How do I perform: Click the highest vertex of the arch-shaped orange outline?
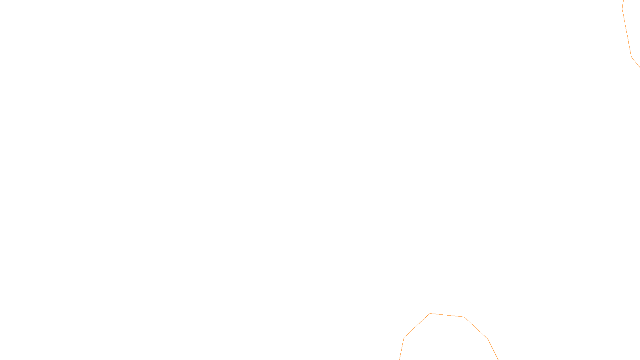point(430,314)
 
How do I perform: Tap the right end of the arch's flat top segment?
point(464,317)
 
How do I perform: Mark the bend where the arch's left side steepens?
point(404,338)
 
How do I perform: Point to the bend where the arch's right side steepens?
point(488,339)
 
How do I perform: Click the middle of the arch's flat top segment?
point(447,315)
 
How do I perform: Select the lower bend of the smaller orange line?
point(632,57)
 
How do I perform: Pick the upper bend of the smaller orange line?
point(622,9)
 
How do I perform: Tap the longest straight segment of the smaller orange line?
point(627,33)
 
